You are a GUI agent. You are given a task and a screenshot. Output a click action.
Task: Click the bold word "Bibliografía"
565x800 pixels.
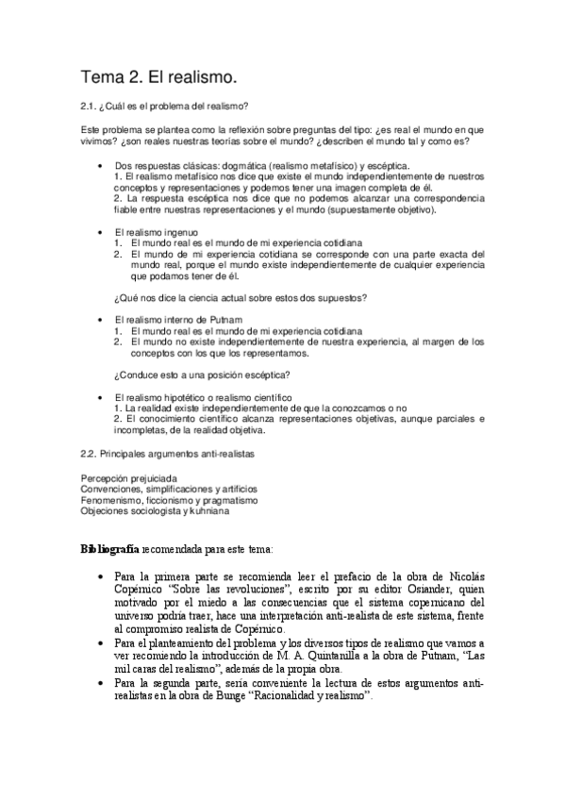pyautogui.click(x=111, y=549)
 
